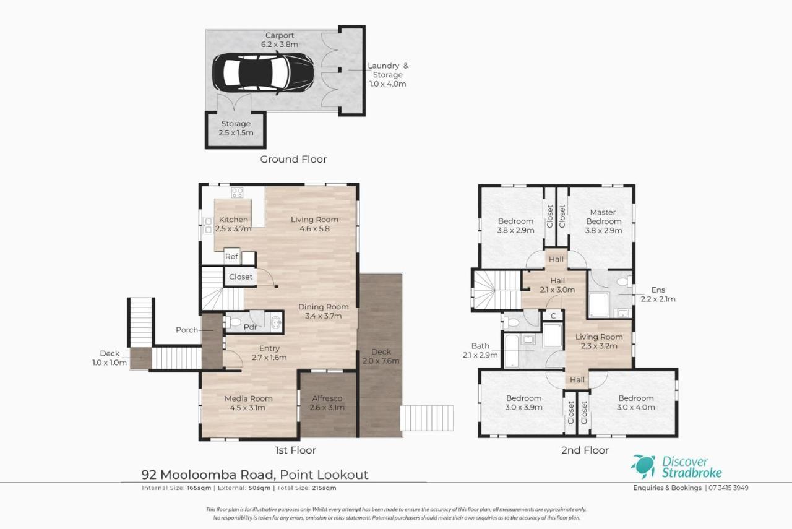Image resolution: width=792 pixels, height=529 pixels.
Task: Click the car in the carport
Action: coord(263,73)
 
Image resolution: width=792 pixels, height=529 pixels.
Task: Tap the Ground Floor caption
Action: coord(293,160)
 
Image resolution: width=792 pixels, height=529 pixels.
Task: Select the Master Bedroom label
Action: coord(603,217)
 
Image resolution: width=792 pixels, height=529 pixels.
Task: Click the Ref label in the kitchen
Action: coord(231,256)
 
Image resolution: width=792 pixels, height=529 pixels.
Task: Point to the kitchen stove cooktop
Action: coord(237,192)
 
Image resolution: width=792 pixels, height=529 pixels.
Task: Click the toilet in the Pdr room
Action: coord(233,322)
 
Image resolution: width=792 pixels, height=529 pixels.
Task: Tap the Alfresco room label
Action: coord(327,398)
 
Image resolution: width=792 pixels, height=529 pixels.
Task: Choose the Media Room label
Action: coord(249,398)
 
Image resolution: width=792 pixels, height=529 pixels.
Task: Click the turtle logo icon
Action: coord(643,467)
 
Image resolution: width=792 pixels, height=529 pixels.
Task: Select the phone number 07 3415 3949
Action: coord(728,488)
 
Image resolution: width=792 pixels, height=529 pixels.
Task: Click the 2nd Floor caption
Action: coord(585,450)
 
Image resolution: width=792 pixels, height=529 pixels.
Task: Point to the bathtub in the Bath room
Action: coord(511,351)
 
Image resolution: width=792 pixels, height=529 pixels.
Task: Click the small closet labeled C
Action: coord(553,316)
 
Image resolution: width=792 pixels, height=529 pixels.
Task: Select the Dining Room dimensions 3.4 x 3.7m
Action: coord(324,316)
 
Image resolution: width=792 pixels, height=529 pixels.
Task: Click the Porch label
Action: coord(187,330)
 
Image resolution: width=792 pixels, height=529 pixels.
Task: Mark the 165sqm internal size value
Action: coord(199,488)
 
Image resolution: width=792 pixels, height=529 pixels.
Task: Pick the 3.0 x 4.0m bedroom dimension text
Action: coord(635,407)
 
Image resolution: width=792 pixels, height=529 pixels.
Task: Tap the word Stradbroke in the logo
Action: coord(692,473)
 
